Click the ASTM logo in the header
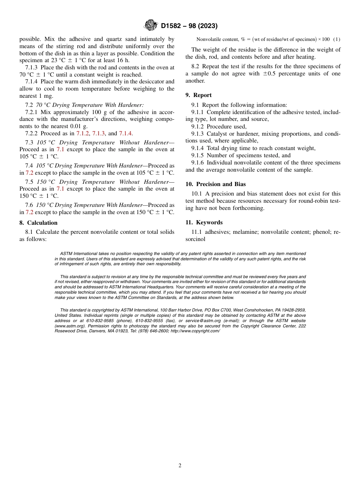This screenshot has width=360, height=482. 150,25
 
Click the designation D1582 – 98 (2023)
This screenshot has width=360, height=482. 189,26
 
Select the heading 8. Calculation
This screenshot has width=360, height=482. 39,223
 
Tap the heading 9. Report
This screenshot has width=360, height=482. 199,95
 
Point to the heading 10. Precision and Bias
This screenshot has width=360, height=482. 216,184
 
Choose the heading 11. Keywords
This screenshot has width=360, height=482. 204,222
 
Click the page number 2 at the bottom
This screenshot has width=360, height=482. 180,466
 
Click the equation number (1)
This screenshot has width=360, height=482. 337,39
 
